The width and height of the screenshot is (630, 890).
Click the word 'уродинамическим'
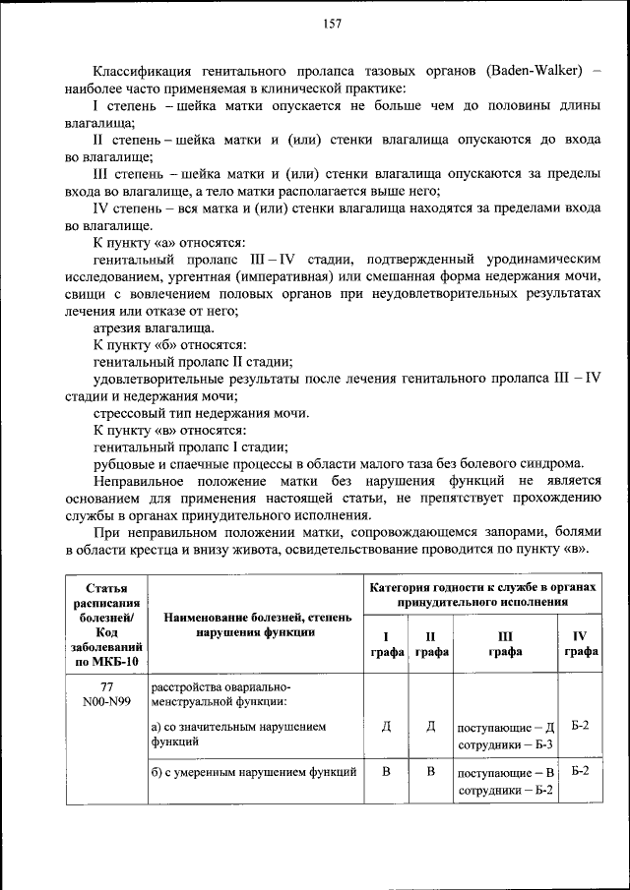[547, 260]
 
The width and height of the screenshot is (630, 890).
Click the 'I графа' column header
[386, 643]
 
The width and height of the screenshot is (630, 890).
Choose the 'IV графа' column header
[580, 643]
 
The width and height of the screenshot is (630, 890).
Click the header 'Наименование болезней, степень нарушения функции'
[254, 624]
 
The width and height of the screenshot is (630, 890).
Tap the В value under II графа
[430, 771]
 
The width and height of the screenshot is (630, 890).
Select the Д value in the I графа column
[386, 727]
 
